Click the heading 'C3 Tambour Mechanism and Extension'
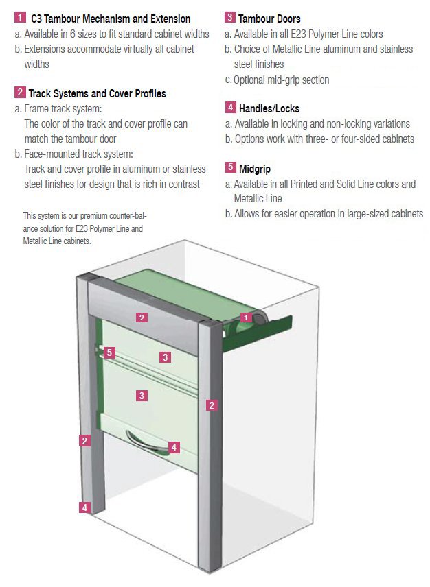(x=111, y=19)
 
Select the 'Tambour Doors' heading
(x=269, y=19)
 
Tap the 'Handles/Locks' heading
(x=269, y=108)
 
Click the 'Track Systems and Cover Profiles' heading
(x=97, y=93)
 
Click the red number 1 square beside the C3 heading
(x=20, y=18)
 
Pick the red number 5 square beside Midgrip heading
(x=230, y=169)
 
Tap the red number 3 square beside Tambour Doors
(x=230, y=19)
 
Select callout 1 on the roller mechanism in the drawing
(x=245, y=318)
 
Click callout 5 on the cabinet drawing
(x=109, y=352)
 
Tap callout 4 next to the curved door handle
(x=174, y=447)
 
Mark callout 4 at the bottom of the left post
(x=84, y=507)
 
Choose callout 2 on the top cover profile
(x=141, y=318)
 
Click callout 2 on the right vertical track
(x=212, y=405)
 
